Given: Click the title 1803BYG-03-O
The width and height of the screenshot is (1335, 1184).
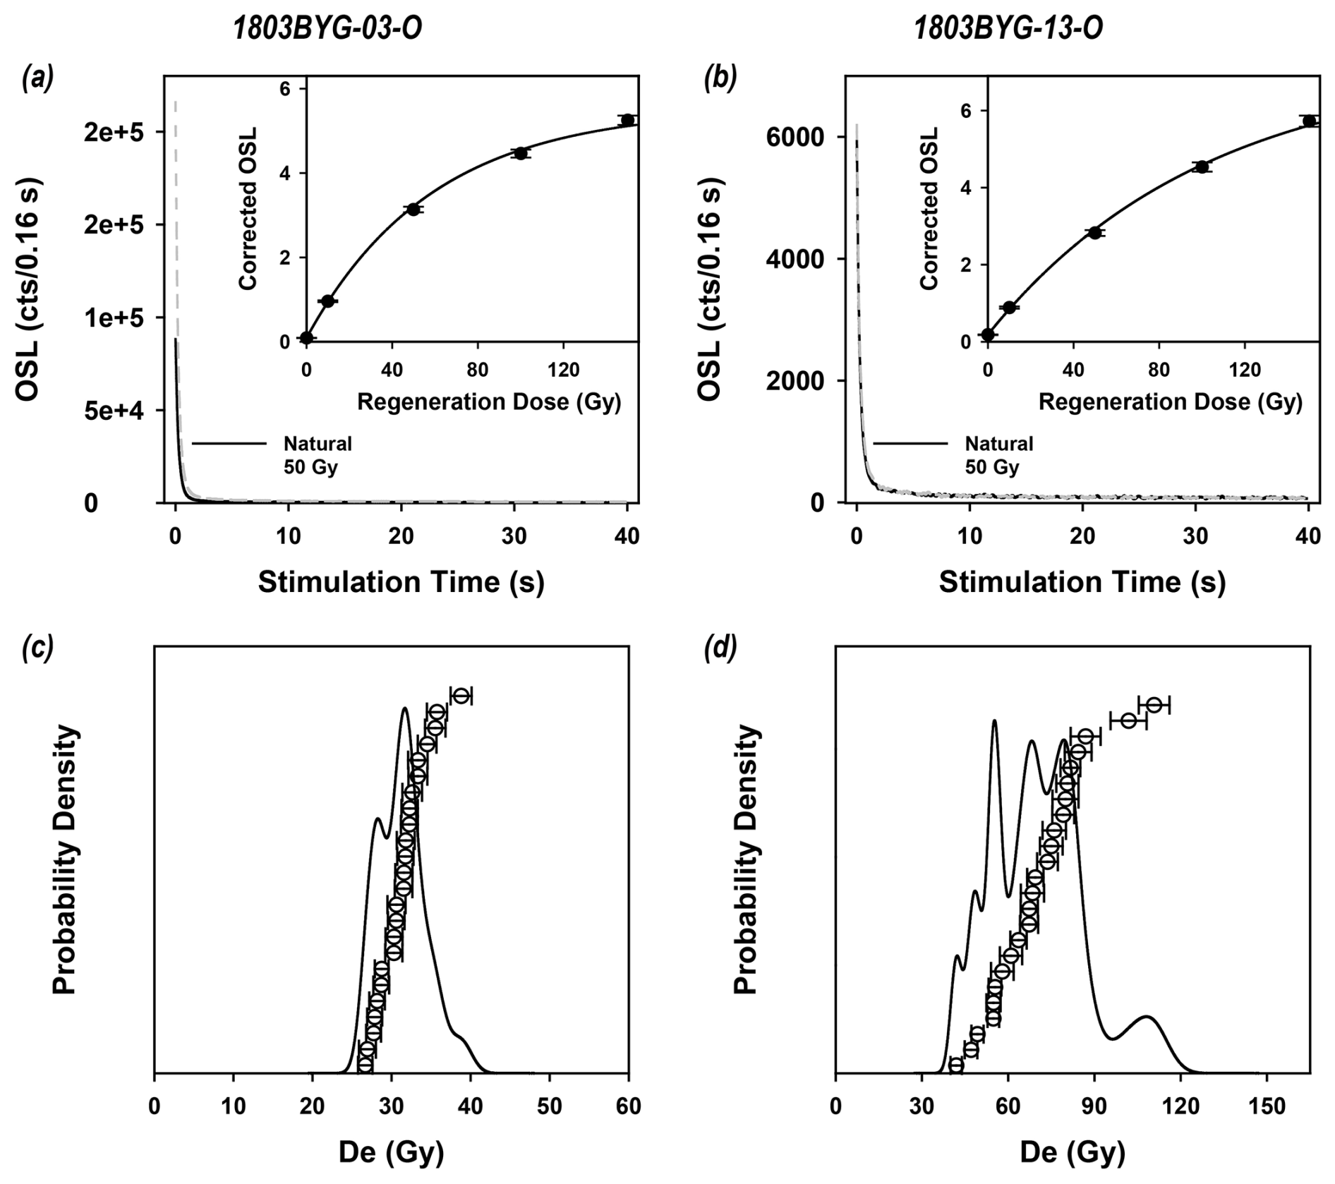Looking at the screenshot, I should coord(328,29).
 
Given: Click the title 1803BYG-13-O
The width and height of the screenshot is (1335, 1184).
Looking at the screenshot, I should coord(1008,29).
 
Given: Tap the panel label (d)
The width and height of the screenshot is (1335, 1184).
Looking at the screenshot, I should coord(719,646).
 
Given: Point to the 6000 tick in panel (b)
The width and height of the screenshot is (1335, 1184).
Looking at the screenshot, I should coord(794,137).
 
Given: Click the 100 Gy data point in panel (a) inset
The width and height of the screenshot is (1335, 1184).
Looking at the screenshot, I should coord(521,153).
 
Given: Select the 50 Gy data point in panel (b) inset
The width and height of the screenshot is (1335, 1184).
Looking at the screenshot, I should coord(1094,233).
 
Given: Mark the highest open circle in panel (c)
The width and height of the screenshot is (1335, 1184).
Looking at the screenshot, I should coord(461,696).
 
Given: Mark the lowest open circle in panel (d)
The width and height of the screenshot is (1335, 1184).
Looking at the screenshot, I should coord(956,1065).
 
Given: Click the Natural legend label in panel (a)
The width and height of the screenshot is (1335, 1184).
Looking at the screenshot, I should coord(318,444).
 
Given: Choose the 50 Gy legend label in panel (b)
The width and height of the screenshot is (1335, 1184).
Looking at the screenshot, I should coord(992,467).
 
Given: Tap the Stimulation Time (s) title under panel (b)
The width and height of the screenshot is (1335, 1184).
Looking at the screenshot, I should coord(1082,582).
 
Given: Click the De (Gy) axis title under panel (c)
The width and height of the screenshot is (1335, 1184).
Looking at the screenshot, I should coord(391,1152).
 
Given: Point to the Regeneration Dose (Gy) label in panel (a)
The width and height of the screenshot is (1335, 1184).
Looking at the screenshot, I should coord(489,402).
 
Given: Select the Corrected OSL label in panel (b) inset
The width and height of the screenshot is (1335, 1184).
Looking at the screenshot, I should coord(930,208).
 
